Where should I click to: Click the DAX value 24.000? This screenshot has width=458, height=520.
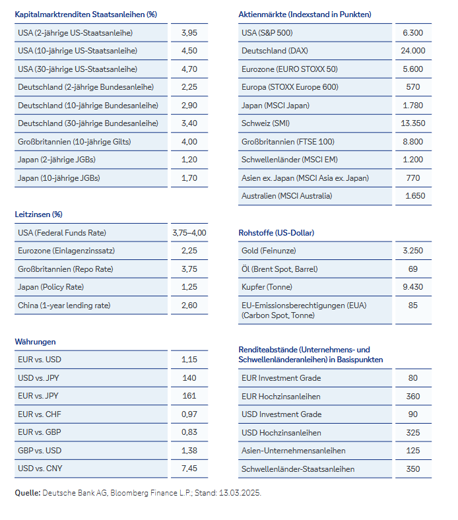click(x=412, y=51)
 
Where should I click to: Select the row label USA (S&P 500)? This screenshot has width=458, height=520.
click(x=267, y=33)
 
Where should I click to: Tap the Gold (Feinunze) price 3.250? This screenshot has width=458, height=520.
click(x=412, y=251)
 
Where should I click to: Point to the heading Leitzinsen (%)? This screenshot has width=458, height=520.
click(x=38, y=214)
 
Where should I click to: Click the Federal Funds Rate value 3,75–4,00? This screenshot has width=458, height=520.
click(x=189, y=233)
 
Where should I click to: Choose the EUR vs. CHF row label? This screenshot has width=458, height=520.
click(x=40, y=414)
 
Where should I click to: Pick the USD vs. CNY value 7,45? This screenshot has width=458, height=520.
click(x=189, y=469)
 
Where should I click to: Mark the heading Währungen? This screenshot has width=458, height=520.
click(x=35, y=342)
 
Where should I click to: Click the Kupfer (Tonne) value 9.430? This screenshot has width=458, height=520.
click(x=412, y=287)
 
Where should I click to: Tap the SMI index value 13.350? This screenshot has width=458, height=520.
click(x=412, y=123)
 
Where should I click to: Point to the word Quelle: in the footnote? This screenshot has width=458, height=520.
click(x=27, y=493)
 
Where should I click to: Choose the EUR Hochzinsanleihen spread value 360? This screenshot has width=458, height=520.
click(x=412, y=397)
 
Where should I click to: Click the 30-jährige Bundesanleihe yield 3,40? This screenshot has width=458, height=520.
click(x=189, y=123)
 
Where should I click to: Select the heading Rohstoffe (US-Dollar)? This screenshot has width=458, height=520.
click(x=276, y=233)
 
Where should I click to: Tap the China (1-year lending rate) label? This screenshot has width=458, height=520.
click(x=64, y=306)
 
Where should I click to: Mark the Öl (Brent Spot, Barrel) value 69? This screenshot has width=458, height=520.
click(x=412, y=269)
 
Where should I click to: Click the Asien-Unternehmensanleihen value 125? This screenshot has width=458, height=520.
click(x=412, y=451)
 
